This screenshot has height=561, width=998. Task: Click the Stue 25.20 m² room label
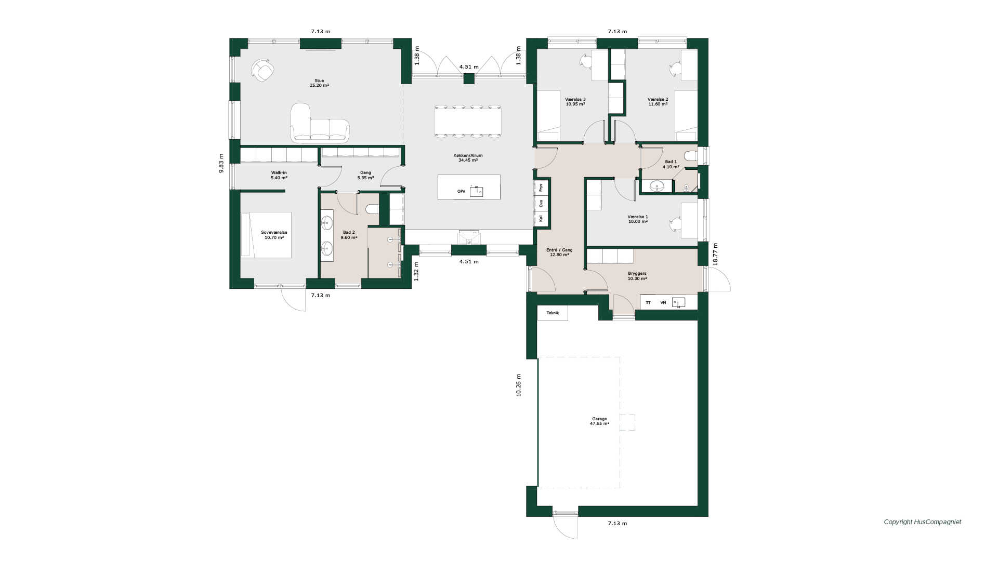pos(319,83)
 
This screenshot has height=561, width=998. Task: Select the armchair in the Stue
pos(263,70)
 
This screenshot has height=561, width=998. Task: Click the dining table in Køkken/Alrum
pos(468,122)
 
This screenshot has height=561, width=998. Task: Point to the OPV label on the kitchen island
pos(461,192)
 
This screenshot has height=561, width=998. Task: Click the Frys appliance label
pos(541,187)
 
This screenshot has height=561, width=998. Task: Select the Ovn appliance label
pos(541,203)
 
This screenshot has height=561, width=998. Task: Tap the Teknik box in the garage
pos(553,313)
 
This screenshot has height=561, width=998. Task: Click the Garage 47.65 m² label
pos(599,421)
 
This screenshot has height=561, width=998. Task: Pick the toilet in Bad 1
pos(691,156)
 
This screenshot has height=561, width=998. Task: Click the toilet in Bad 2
pos(372,209)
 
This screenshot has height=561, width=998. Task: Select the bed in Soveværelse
pos(266,235)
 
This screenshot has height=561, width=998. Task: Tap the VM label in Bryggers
pos(663,302)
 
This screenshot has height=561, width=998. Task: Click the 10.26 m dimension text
pos(518,385)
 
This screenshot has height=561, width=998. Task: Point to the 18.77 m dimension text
pos(715,255)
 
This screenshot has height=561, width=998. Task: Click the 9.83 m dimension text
pos(221,163)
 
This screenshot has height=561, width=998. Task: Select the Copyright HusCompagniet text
pos(923,522)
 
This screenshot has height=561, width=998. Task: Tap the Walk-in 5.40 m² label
pos(279,175)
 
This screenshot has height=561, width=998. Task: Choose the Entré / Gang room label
pos(559,252)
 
